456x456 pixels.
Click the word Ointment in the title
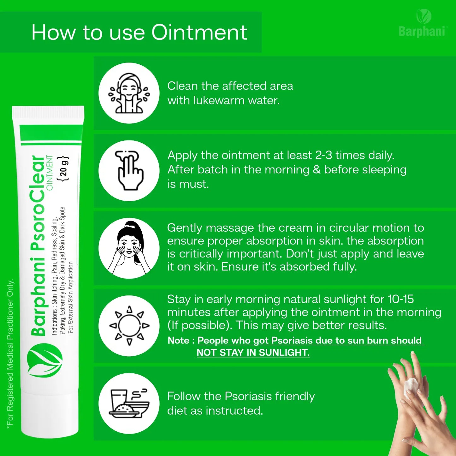coord(199,32)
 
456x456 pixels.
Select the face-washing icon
coord(129,93)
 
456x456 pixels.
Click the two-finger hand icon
coord(129,170)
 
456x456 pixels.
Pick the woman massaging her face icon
coord(129,248)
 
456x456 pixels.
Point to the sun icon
coord(129,326)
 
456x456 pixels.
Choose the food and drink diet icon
coord(129,404)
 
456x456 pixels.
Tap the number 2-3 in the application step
coord(324,156)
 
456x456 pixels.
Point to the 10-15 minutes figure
coord(401,299)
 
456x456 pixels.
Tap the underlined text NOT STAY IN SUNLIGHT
coord(253,352)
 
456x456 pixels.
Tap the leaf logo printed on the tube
coord(45,361)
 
